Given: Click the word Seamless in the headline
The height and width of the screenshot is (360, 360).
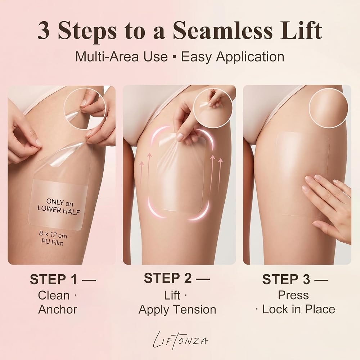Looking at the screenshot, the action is (223, 30).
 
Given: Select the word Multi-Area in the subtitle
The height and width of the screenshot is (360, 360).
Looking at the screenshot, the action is (107, 57).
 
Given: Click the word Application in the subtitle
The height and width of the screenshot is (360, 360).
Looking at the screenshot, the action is (250, 57).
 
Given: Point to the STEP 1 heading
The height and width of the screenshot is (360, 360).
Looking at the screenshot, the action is (62, 279).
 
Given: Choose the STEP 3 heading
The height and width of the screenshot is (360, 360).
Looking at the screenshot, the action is (295, 279).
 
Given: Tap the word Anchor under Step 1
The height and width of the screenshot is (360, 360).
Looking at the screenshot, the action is (58, 309).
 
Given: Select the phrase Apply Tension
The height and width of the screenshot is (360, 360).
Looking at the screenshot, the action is (177, 310).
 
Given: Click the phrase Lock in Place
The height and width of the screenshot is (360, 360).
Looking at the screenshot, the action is (299, 309).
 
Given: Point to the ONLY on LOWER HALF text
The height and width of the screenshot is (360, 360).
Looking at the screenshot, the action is (59, 206).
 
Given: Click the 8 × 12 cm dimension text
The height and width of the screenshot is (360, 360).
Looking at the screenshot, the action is (53, 234).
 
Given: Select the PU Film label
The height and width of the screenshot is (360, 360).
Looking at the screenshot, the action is (52, 242).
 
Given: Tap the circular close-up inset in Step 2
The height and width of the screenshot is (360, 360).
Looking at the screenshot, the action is (213, 109).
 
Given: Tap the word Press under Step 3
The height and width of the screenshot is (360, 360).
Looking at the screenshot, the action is (293, 295).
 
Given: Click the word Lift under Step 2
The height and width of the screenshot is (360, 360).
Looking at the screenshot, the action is (172, 295).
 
